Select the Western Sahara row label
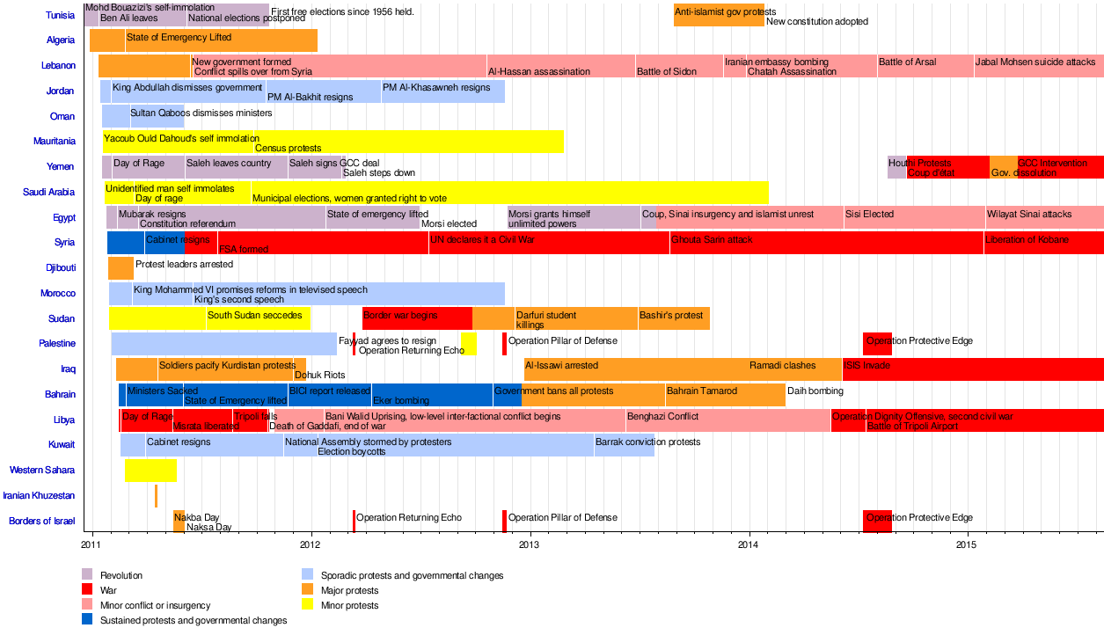pyautogui.click(x=42, y=471)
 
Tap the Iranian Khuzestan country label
pyautogui.click(x=38, y=496)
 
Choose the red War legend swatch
pyautogui.click(x=87, y=590)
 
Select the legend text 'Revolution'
pyautogui.click(x=121, y=575)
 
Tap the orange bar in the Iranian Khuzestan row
pyautogui.click(x=156, y=496)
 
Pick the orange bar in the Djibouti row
pyautogui.click(x=121, y=267)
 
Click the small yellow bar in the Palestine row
pyautogui.click(x=468, y=344)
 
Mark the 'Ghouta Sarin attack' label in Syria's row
pyautogui.click(x=712, y=239)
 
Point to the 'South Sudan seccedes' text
pyautogui.click(x=255, y=315)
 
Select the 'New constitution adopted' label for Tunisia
pyautogui.click(x=817, y=21)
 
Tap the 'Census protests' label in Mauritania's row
pyautogui.click(x=288, y=148)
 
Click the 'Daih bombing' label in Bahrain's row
pyautogui.click(x=815, y=391)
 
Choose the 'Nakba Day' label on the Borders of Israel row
pyautogui.click(x=197, y=518)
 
